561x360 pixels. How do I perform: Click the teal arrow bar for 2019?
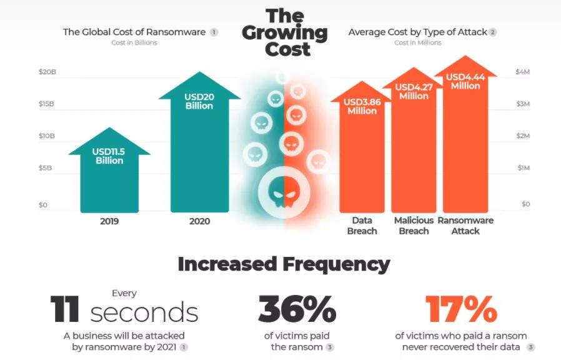[109, 181]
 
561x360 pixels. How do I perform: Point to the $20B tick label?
[47, 72]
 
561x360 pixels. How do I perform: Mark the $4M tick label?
[523, 72]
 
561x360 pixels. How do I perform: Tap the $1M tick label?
[523, 168]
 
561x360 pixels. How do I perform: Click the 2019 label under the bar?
[109, 221]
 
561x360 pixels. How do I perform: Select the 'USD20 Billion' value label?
[199, 101]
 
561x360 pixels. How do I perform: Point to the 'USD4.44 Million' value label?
[465, 81]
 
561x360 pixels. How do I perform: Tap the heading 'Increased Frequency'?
[284, 264]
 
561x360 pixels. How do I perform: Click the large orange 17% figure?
[461, 309]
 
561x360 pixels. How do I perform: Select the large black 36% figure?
[297, 309]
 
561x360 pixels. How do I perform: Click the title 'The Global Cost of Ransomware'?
[134, 32]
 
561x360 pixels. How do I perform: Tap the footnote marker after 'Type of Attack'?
[493, 32]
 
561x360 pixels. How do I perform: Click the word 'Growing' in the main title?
[285, 32]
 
